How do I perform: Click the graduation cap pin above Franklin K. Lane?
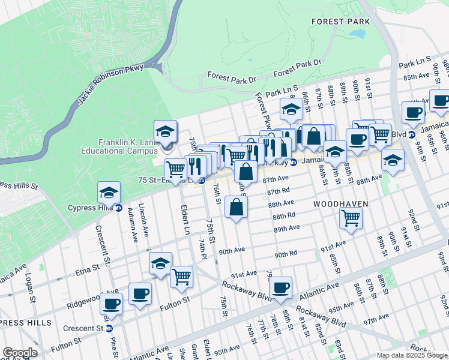tap(166, 131)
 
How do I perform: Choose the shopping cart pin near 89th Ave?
tap(351, 219)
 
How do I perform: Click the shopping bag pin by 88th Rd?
tap(237, 208)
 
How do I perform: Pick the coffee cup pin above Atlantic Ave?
tap(280, 288)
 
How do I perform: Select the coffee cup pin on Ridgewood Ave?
tap(140, 294)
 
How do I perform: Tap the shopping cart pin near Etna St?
tap(181, 277)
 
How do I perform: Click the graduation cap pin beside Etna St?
tap(160, 263)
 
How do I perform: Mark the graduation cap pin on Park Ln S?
tap(291, 110)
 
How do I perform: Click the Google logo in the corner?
tap(19, 353)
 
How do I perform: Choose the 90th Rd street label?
tap(286, 254)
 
